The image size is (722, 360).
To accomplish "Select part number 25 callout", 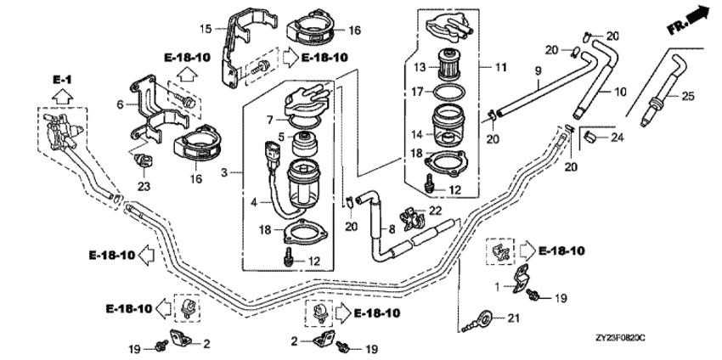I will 687,96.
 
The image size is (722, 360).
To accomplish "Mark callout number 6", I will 120,104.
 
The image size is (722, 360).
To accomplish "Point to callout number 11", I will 488,65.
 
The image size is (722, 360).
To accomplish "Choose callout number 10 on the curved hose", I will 621,91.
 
